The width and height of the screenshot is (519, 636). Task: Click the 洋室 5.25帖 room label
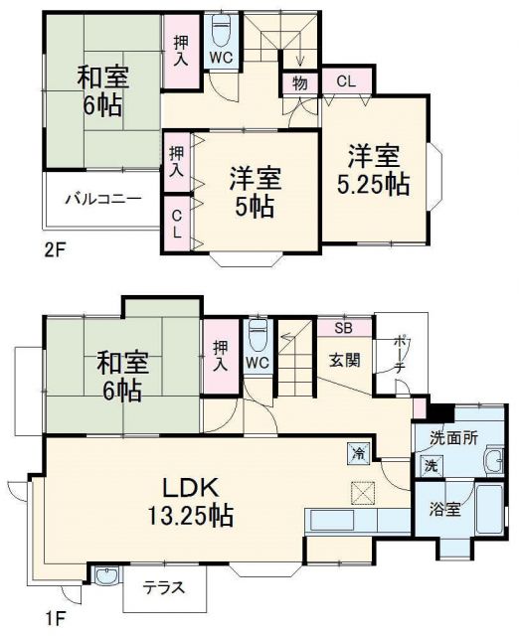pyautogui.click(x=374, y=171)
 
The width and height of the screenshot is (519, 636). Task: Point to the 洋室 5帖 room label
pyautogui.click(x=256, y=193)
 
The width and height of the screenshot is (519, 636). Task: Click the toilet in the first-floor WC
pyautogui.click(x=258, y=332)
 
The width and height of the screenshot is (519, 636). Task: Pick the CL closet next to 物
pyautogui.click(x=342, y=81)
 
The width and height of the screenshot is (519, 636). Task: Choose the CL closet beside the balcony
pyautogui.click(x=176, y=225)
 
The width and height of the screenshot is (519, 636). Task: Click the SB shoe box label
pyautogui.click(x=343, y=328)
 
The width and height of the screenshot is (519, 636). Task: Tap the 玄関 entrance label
pyautogui.click(x=344, y=360)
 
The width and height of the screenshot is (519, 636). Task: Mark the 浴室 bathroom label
pyautogui.click(x=444, y=510)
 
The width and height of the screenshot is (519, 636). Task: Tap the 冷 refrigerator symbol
pyautogui.click(x=357, y=453)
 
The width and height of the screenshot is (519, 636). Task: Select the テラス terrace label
pyautogui.click(x=163, y=586)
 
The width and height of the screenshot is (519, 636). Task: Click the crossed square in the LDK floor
pyautogui.click(x=360, y=492)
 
